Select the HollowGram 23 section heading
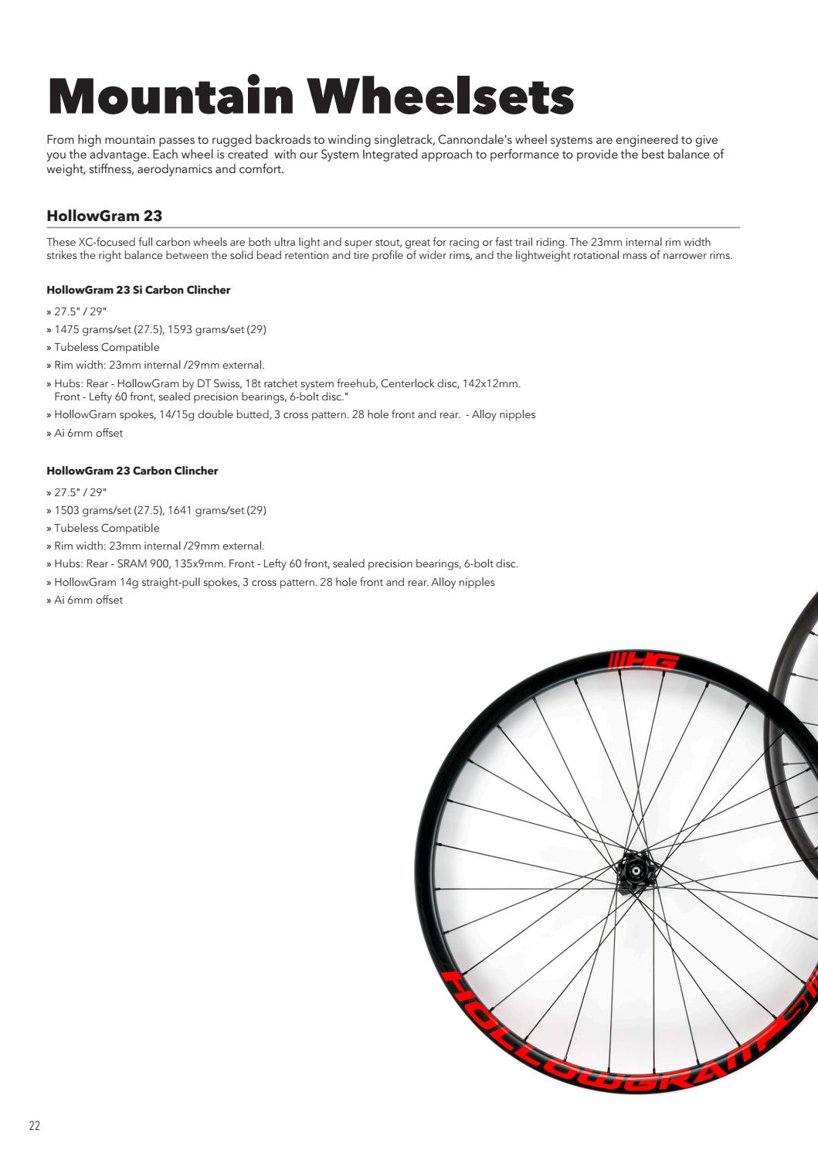click(104, 215)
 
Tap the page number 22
click(34, 1125)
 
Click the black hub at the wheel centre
click(634, 872)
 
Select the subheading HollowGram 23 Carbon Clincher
click(132, 471)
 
